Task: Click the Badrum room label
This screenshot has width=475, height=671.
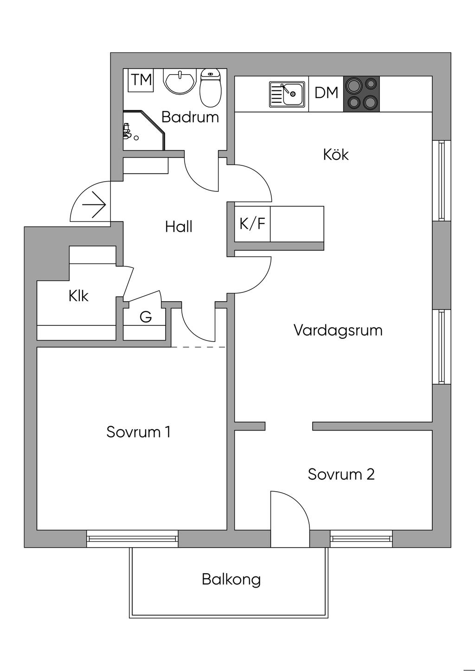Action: pos(190,117)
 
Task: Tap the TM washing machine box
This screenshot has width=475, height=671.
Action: pos(141,80)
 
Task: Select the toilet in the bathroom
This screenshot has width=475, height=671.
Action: pos(211,88)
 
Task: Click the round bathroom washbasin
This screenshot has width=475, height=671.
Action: pos(180,82)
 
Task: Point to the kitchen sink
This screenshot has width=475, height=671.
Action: pos(287,95)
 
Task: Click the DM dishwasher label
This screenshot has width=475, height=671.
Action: pos(326,93)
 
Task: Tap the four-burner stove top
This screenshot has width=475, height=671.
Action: pos(361,94)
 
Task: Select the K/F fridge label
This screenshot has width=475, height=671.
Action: pos(252,223)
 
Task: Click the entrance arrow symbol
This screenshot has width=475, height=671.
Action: pos(94,205)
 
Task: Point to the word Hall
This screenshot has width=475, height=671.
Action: pos(179,227)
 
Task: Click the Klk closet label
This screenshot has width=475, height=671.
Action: pos(78,296)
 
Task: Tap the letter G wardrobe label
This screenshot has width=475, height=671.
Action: pos(146,317)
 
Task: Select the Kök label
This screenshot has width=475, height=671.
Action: pos(336,155)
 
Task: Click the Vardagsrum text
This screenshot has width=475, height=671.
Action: pos(338,331)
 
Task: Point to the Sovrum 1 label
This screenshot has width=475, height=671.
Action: pos(139,432)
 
